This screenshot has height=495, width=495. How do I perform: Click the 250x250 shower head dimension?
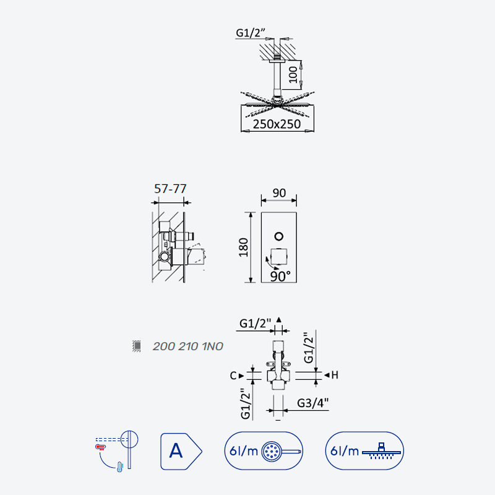277,124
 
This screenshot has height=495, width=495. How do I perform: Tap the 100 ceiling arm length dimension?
293,74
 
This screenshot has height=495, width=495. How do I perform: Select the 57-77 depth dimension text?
170,189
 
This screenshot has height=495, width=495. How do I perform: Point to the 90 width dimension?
279,193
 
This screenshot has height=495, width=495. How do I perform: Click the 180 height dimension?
243,247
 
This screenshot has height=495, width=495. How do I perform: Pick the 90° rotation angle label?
280,277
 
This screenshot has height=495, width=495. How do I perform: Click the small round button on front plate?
279,236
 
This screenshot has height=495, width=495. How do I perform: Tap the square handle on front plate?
279,256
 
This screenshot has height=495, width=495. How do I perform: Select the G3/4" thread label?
312,403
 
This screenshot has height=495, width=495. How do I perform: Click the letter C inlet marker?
233,376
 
